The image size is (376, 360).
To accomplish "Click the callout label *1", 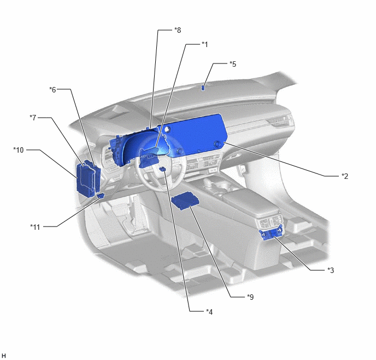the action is (204, 44).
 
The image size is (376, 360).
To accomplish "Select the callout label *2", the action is (345, 176).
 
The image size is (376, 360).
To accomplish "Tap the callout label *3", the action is (331, 270).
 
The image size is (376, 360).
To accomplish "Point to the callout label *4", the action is (209, 312).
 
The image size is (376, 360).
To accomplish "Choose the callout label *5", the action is (233, 64).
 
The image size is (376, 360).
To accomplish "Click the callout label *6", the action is (52, 90).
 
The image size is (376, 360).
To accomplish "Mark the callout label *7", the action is (33, 118).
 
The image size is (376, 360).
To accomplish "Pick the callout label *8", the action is (178, 30).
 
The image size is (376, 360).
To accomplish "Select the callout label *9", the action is (250, 297).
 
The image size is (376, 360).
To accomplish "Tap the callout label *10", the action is (19, 150).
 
